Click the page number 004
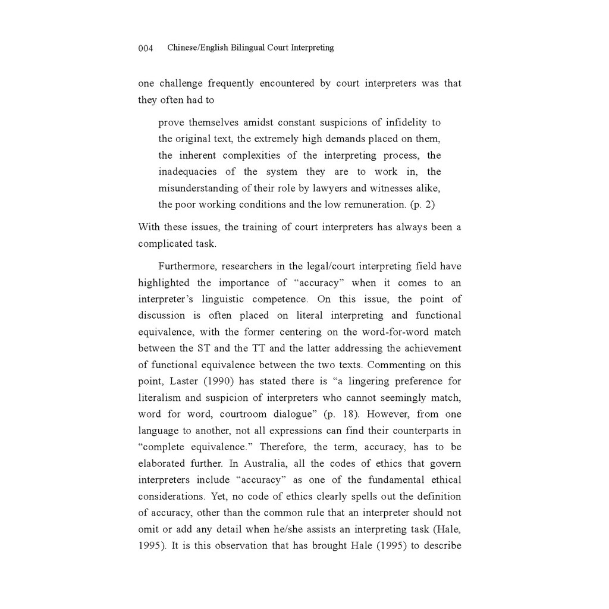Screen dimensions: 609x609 [x=146, y=48]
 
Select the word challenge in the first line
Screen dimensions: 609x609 [x=180, y=83]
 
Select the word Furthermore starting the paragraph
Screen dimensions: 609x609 [x=186, y=266]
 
